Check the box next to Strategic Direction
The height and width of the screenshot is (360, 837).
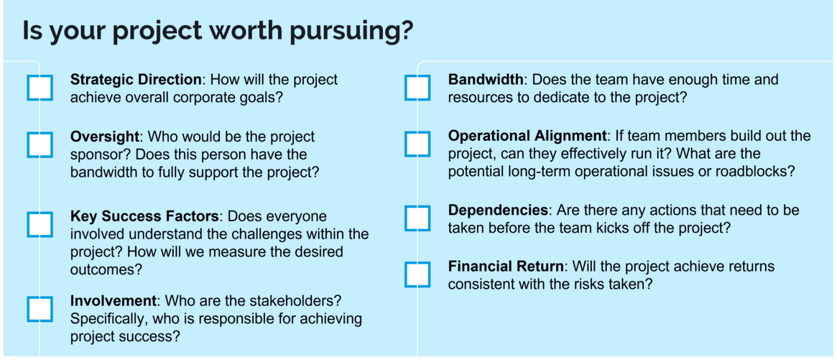coord(40,88)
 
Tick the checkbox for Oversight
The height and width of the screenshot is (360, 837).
coord(40,144)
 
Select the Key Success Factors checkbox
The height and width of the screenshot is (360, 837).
coord(40,224)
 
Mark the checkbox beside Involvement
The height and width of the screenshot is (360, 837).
coord(40,308)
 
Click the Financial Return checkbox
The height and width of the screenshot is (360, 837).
coord(417,274)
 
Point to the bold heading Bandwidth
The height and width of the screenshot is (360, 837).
coord(486,79)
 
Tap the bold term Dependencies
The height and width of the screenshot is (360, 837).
coord(498,211)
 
